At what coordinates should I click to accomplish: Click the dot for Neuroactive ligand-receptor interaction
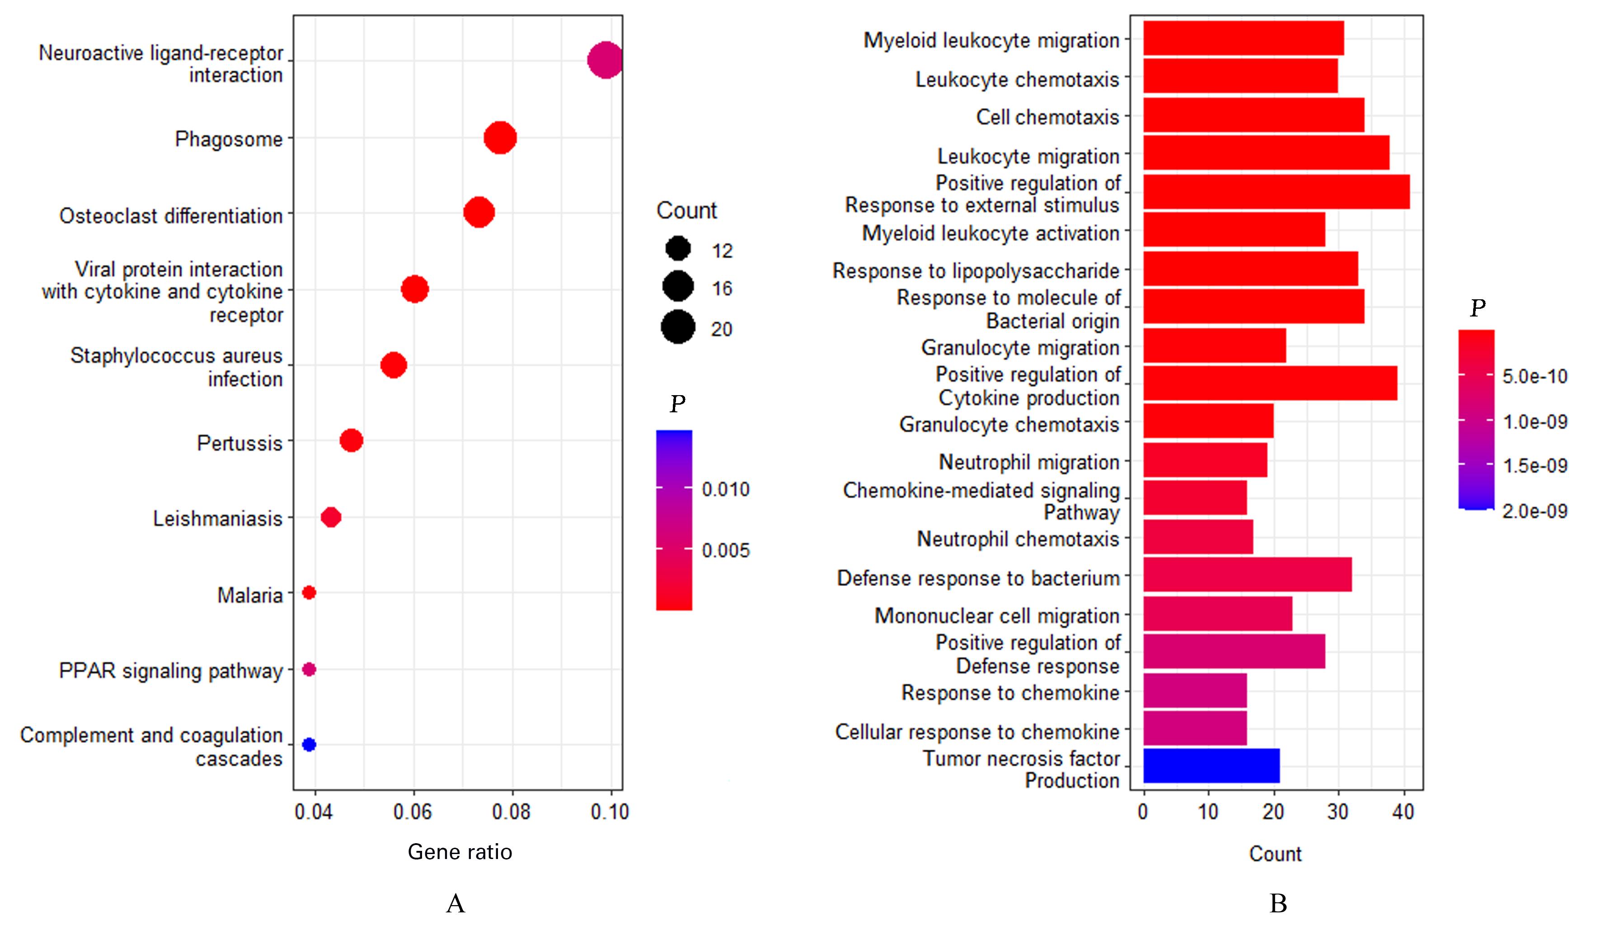(x=604, y=61)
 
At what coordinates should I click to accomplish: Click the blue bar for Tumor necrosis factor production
(x=1211, y=765)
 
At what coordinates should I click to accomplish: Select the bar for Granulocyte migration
(x=1214, y=345)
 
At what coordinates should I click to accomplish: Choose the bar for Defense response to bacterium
(x=1247, y=575)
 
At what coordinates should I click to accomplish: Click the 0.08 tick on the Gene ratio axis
(x=512, y=812)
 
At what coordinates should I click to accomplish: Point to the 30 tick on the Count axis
(x=1338, y=812)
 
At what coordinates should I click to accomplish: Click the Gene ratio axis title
(x=460, y=852)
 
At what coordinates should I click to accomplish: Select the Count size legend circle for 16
(x=678, y=286)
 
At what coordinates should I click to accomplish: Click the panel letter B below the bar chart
(x=1277, y=903)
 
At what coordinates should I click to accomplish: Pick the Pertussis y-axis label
(x=239, y=443)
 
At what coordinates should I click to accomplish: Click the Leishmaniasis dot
(x=330, y=517)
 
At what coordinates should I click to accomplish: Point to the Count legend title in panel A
(x=686, y=210)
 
